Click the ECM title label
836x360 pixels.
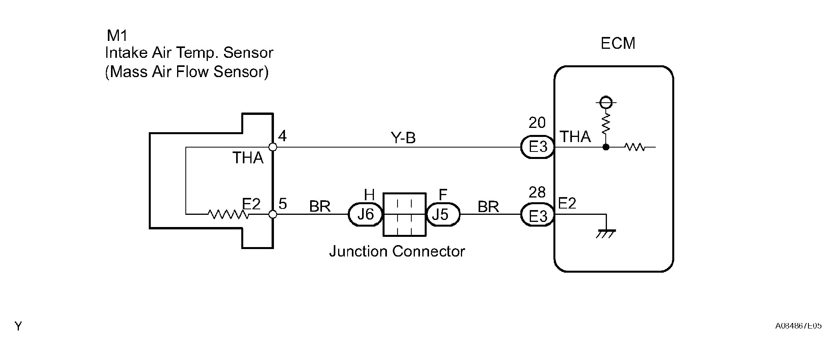tap(618, 43)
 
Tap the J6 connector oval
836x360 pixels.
tap(366, 214)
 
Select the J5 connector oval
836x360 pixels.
tap(443, 214)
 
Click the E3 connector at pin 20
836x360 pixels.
tap(538, 147)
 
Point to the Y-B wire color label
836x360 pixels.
tap(403, 138)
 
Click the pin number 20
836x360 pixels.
tap(537, 123)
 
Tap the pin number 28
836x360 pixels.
tap(537, 192)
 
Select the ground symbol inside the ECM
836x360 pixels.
tap(606, 234)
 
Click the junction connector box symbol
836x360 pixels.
tap(405, 214)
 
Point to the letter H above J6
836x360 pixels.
tap(369, 194)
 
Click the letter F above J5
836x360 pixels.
tap(443, 194)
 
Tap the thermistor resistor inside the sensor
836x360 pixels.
tap(228, 214)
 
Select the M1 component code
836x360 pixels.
tap(117, 36)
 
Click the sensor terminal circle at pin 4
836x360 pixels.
tap(272, 147)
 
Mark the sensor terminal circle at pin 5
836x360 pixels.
tap(272, 214)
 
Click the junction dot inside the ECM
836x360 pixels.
tap(606, 147)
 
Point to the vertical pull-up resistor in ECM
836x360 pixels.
tap(606, 123)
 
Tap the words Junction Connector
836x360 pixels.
tap(397, 251)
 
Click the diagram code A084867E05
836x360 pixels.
tap(799, 326)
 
